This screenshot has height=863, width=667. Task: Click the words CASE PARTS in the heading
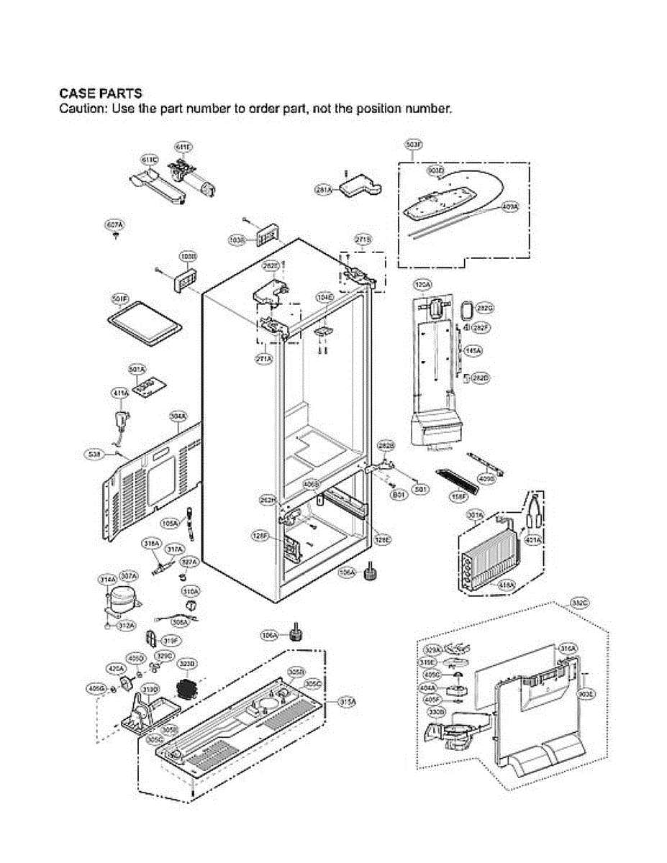click(x=100, y=93)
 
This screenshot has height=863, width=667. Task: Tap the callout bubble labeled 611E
click(x=183, y=147)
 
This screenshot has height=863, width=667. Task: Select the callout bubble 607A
click(x=114, y=226)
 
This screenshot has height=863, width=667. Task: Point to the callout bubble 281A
click(x=324, y=190)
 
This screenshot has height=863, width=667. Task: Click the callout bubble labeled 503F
click(x=413, y=145)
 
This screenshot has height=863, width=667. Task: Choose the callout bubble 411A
click(x=120, y=393)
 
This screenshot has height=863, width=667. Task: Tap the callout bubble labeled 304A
click(x=178, y=416)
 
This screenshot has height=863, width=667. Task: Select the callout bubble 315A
click(x=348, y=701)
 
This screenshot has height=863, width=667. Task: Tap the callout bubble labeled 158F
click(x=459, y=496)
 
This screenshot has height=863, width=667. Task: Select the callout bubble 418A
click(x=507, y=585)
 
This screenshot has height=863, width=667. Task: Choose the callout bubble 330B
click(x=436, y=712)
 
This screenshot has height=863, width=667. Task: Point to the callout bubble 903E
click(x=586, y=695)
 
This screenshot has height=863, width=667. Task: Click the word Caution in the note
click(x=79, y=110)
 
